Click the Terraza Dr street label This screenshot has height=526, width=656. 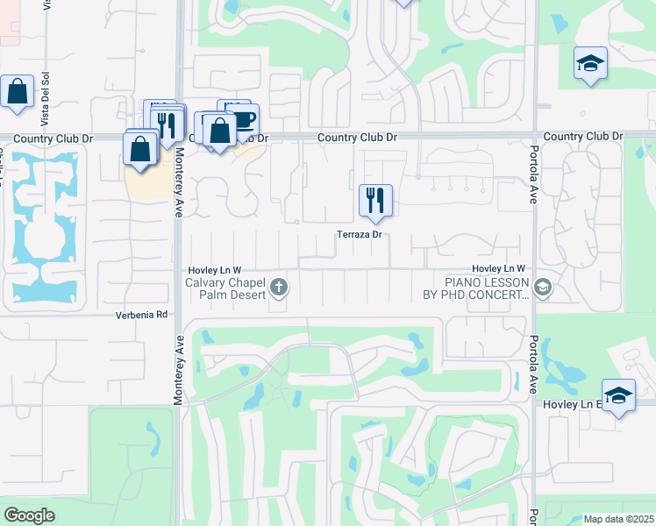[360, 234]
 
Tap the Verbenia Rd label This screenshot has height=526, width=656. [141, 314]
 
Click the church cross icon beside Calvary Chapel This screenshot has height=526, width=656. [279, 287]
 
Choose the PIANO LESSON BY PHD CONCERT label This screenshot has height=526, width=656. [487, 288]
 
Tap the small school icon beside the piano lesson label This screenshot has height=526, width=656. [543, 287]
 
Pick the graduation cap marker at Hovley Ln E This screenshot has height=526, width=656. [617, 395]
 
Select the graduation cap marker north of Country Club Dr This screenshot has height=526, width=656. [591, 63]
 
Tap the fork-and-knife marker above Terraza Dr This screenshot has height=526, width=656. [375, 201]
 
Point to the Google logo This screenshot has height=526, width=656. [29, 515]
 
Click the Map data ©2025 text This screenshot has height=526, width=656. [617, 519]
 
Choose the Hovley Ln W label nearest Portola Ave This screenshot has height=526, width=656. [497, 268]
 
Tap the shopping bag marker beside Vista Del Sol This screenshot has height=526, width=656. [18, 91]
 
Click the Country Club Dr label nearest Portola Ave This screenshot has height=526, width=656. [582, 137]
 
